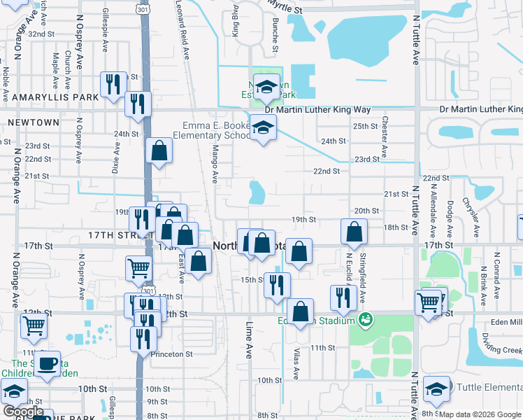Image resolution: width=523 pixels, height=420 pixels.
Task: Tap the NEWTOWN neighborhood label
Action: [x=33, y=122]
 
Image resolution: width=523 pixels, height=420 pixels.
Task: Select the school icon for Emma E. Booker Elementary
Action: [x=263, y=127]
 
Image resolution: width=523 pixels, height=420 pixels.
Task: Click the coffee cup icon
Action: [x=48, y=363]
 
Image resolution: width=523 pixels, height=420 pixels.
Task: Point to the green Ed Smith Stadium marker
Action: [x=363, y=320]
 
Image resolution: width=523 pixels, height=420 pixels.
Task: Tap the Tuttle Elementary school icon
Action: [x=437, y=389]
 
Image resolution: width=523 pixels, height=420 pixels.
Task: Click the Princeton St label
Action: [x=173, y=354]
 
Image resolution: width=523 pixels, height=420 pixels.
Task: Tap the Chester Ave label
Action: [x=385, y=132]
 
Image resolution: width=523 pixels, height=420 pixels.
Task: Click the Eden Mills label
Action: [x=506, y=321]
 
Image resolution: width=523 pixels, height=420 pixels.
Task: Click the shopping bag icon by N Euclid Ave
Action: [x=354, y=232]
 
